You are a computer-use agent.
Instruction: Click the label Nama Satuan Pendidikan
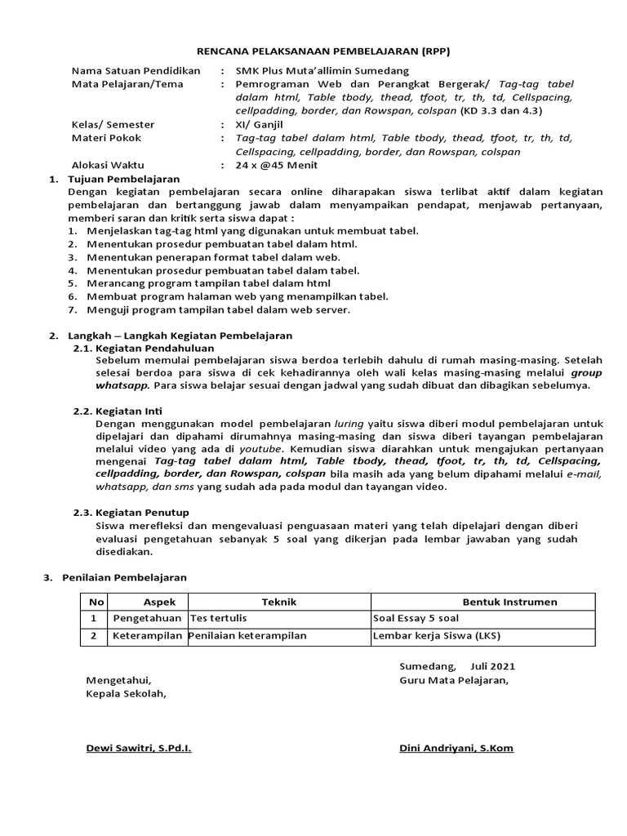pos(136,71)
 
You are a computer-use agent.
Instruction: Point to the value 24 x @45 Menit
pos(277,166)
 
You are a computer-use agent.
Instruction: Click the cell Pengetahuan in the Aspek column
pos(147,619)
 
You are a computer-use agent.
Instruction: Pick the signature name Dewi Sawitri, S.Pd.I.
pos(139,749)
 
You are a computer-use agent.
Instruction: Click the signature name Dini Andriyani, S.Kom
pos(456,749)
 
